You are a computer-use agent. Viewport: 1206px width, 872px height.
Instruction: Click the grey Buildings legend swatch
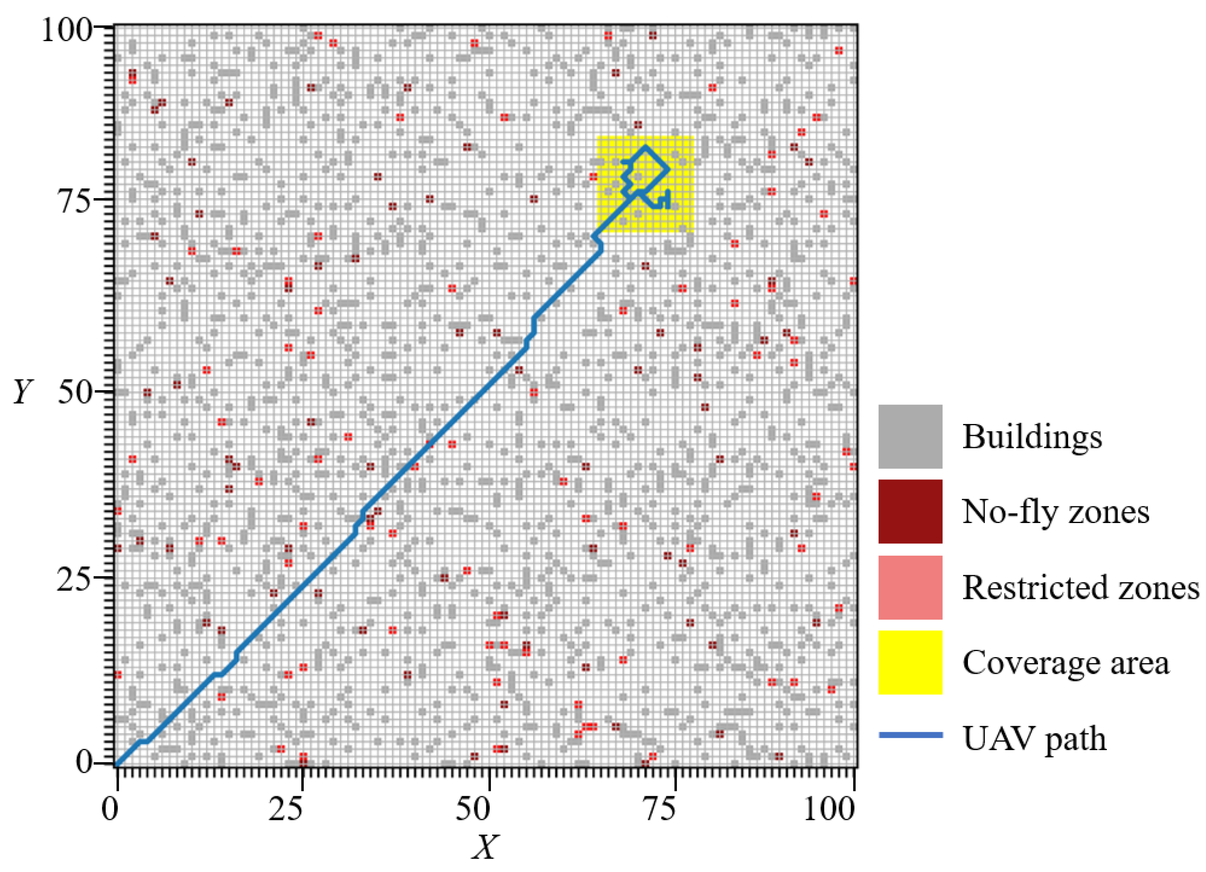[910, 437]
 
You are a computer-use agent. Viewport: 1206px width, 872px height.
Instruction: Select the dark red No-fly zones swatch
[910, 512]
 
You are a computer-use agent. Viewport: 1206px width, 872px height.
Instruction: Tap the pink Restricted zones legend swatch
[910, 587]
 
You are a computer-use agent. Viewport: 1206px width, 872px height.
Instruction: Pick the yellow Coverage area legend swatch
[910, 662]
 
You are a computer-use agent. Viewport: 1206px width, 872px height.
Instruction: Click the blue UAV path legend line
[910, 735]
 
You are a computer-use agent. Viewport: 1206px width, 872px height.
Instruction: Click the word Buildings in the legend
[1032, 437]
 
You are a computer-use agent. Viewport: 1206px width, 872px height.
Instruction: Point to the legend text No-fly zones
[1056, 512]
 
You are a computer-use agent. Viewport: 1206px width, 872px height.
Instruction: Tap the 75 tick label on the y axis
[73, 203]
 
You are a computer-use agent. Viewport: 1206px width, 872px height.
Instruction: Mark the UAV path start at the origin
[117, 764]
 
